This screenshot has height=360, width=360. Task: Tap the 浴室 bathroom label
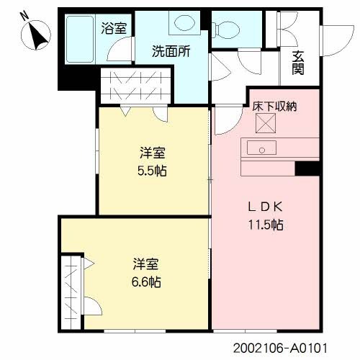pos(114,30)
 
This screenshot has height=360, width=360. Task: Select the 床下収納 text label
pos(274,106)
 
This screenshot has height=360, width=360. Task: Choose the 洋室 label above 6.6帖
pos(145,264)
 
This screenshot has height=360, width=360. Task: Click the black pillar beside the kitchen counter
pos(307,168)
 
